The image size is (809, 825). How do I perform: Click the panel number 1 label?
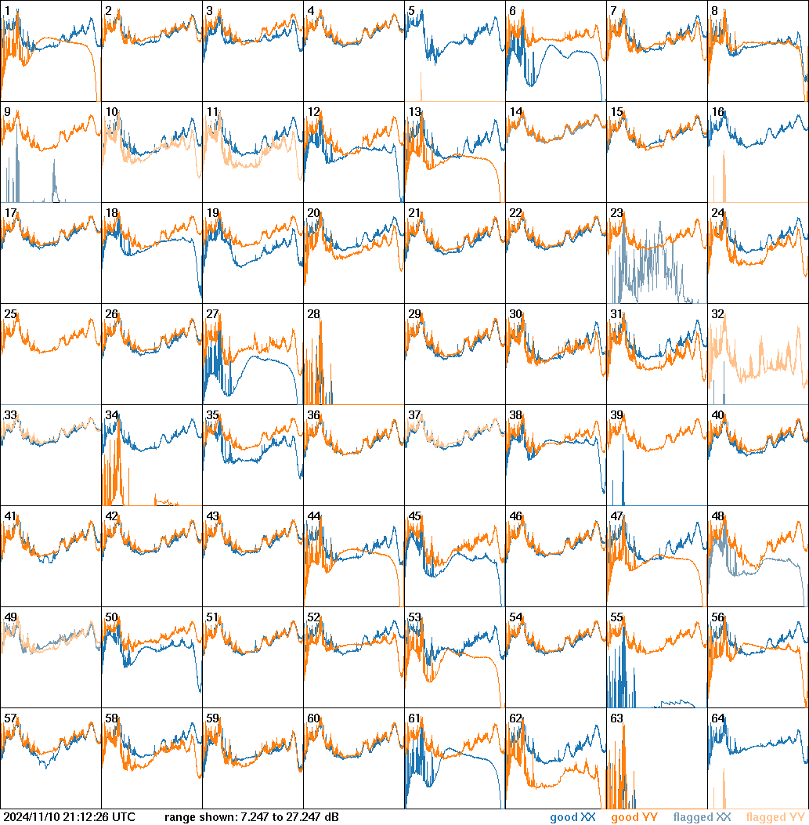point(7,11)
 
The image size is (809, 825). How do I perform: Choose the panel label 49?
point(10,617)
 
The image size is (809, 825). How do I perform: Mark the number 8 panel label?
point(714,11)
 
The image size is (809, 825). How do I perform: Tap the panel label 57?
point(10,718)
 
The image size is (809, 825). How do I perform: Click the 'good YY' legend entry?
point(634,818)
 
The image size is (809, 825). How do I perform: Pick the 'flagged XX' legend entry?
point(702,818)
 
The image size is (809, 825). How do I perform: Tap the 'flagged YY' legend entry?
point(775,818)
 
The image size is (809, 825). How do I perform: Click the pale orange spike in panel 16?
point(724,176)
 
